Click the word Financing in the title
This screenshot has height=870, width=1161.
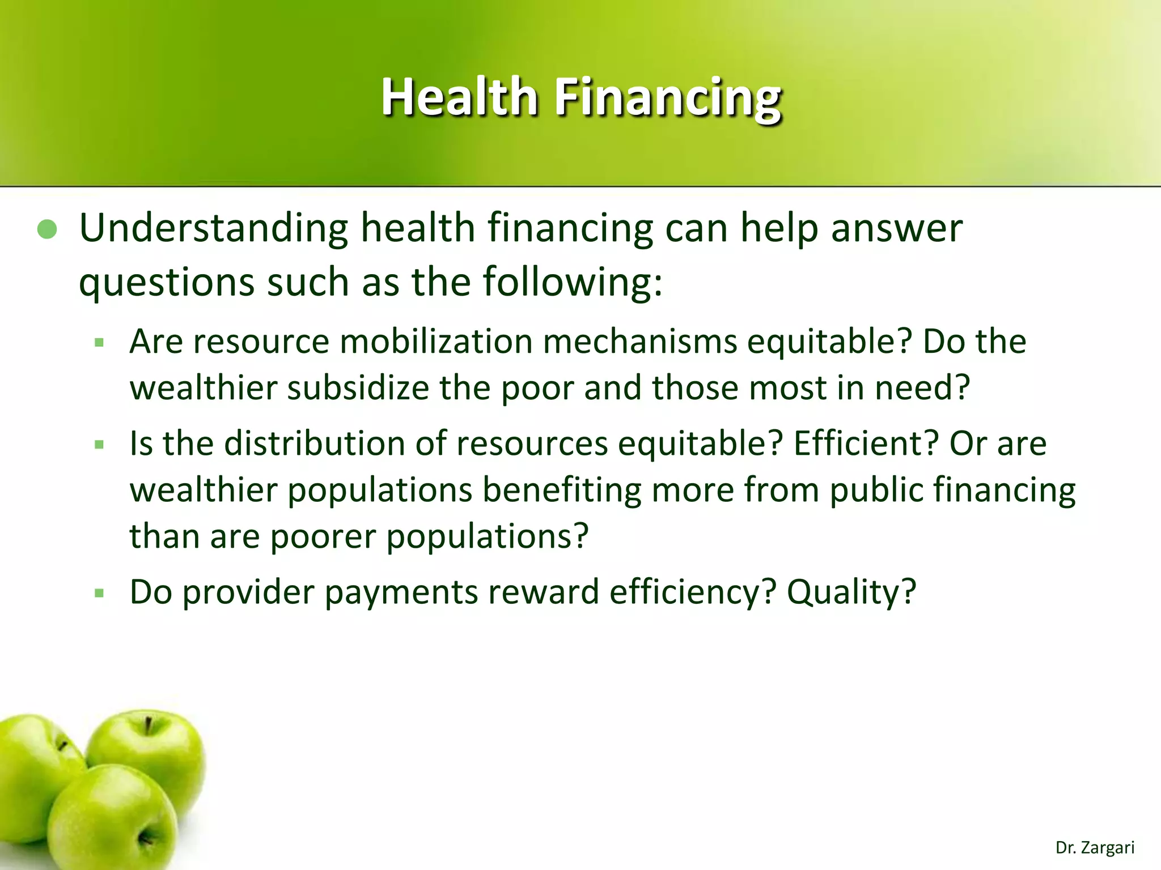point(668,97)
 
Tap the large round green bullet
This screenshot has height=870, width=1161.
point(47,230)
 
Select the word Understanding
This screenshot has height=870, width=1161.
point(214,229)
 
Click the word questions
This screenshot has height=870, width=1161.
point(167,282)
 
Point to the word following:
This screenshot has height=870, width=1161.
point(572,281)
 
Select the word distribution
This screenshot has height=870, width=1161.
point(313,443)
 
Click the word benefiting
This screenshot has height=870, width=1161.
point(561,489)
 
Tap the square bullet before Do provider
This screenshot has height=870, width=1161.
point(100,594)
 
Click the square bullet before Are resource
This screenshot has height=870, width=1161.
point(100,343)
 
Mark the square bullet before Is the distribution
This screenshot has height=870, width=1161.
point(100,445)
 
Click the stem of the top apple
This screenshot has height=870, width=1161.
point(149,725)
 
